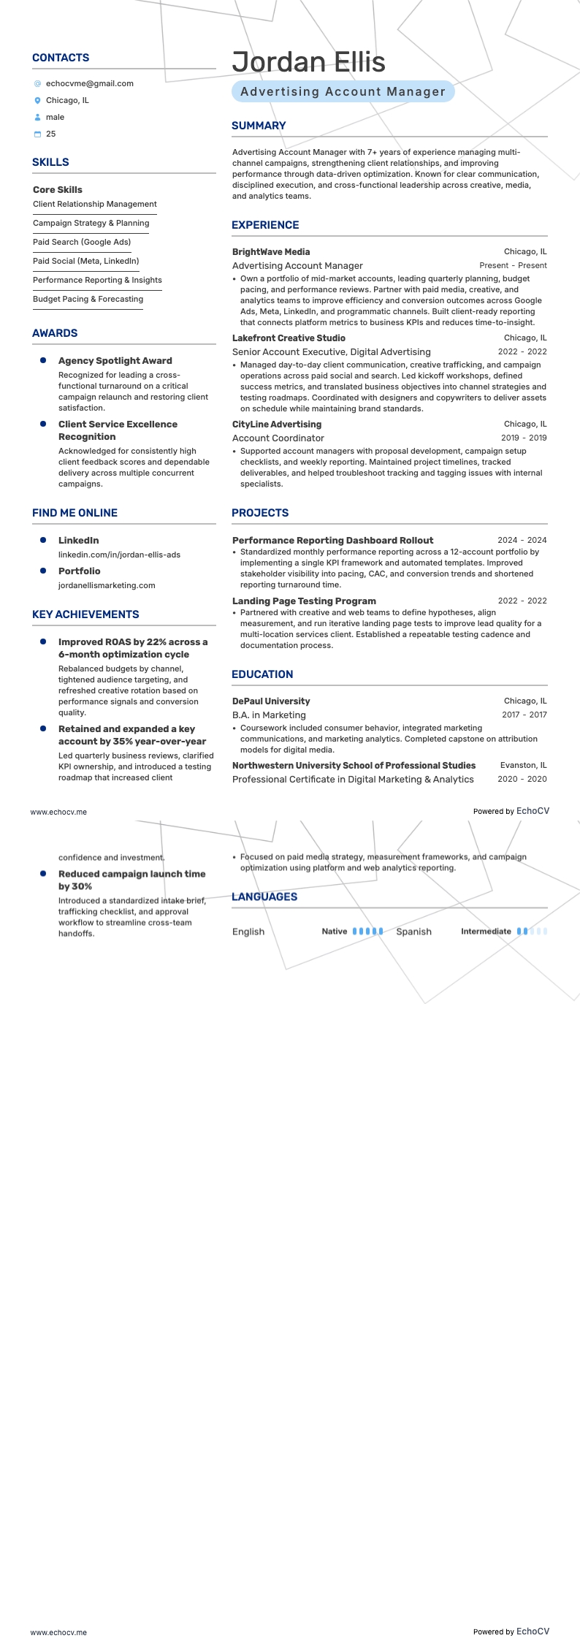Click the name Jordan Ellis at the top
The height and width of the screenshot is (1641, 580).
click(x=308, y=62)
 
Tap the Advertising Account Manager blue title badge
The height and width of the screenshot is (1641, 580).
click(x=343, y=91)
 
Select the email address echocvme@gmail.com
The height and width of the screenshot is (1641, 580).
click(x=89, y=83)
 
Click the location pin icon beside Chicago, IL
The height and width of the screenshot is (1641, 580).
click(x=38, y=100)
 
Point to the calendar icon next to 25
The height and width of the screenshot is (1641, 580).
click(x=38, y=134)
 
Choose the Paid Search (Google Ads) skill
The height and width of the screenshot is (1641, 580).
click(x=82, y=242)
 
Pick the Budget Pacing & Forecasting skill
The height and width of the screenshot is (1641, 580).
click(x=88, y=299)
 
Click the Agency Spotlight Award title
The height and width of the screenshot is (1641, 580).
click(x=115, y=360)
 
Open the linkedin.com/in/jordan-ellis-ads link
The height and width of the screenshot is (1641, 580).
click(x=119, y=555)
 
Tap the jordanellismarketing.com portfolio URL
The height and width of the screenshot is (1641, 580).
click(x=107, y=585)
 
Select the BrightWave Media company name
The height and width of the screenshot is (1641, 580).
click(x=271, y=251)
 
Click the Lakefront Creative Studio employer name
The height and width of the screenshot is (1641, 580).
click(x=289, y=338)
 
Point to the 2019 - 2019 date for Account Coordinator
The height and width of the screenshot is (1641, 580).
click(x=524, y=438)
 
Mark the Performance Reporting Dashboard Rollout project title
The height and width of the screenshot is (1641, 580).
click(x=332, y=540)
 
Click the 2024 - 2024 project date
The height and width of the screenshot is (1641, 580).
click(x=522, y=540)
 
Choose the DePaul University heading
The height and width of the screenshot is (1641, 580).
click(x=271, y=701)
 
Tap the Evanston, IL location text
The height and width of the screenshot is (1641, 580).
click(x=523, y=765)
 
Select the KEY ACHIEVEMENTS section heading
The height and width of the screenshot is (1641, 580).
click(x=85, y=614)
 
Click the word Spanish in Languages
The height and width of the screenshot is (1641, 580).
click(x=413, y=932)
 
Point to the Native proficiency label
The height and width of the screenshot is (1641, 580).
click(x=335, y=932)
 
